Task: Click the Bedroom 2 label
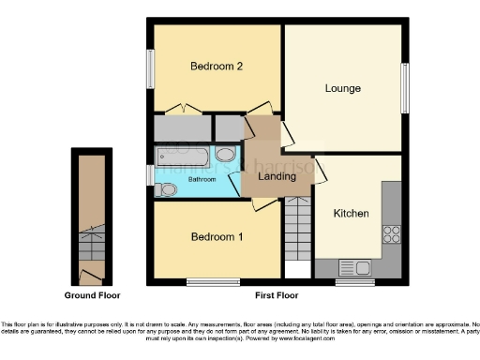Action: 217,67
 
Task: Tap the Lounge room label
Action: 343,88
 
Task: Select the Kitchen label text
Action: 352,214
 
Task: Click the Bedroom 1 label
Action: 217,237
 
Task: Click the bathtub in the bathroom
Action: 184,156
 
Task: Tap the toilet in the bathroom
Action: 167,189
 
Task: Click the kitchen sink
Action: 356,268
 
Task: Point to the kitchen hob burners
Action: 391,235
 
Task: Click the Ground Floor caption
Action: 91,295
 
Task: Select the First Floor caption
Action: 277,295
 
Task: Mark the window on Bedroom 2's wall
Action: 149,68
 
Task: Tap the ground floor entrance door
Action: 91,275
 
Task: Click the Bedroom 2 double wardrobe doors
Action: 183,109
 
